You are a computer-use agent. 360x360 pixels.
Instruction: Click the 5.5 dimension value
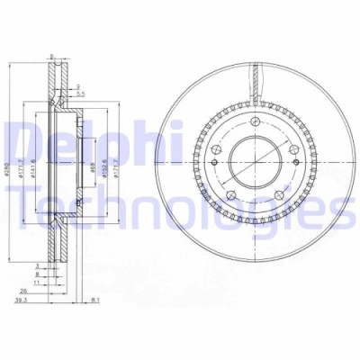pyautogui.click(x=80, y=94)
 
